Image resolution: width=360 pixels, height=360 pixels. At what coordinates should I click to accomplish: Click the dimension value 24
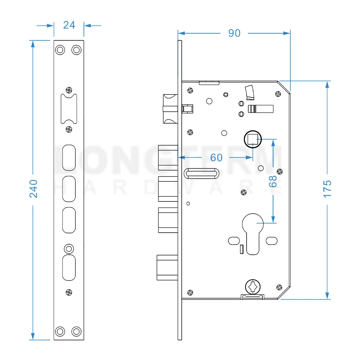tap(69, 25)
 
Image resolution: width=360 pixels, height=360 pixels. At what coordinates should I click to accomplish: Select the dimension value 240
tap(33, 189)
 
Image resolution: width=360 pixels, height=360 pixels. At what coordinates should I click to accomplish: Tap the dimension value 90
tap(234, 33)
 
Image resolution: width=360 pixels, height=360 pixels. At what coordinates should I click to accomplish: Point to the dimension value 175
tap(327, 189)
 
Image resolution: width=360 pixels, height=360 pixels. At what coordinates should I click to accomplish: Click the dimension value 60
tap(216, 158)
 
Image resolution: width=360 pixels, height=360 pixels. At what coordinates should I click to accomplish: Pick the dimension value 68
tap(273, 181)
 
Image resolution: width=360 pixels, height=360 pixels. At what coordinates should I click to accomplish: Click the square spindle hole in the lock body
tap(253, 140)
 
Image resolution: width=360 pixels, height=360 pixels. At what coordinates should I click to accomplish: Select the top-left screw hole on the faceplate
tap(60, 50)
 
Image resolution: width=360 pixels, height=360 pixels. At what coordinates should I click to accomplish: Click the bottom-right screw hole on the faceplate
tap(77, 331)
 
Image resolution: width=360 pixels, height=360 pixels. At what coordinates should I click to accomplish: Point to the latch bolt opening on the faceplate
tap(69, 109)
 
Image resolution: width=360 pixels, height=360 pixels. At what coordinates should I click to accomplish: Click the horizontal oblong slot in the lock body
tap(201, 174)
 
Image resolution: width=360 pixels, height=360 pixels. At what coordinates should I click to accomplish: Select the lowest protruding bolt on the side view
tap(167, 267)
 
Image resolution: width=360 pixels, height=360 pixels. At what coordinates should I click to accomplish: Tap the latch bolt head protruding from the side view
tap(170, 109)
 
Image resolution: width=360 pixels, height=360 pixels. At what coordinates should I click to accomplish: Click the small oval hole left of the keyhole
tap(233, 241)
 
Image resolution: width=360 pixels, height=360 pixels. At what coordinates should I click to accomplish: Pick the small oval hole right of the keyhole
tap(272, 241)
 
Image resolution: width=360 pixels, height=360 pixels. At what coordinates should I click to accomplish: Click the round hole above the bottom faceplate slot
tap(69, 249)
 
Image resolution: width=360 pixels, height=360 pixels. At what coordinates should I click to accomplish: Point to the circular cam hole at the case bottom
tap(253, 286)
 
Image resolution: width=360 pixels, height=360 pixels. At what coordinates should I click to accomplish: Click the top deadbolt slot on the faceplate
tap(69, 158)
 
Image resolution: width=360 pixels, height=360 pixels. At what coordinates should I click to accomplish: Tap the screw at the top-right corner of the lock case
tap(278, 94)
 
